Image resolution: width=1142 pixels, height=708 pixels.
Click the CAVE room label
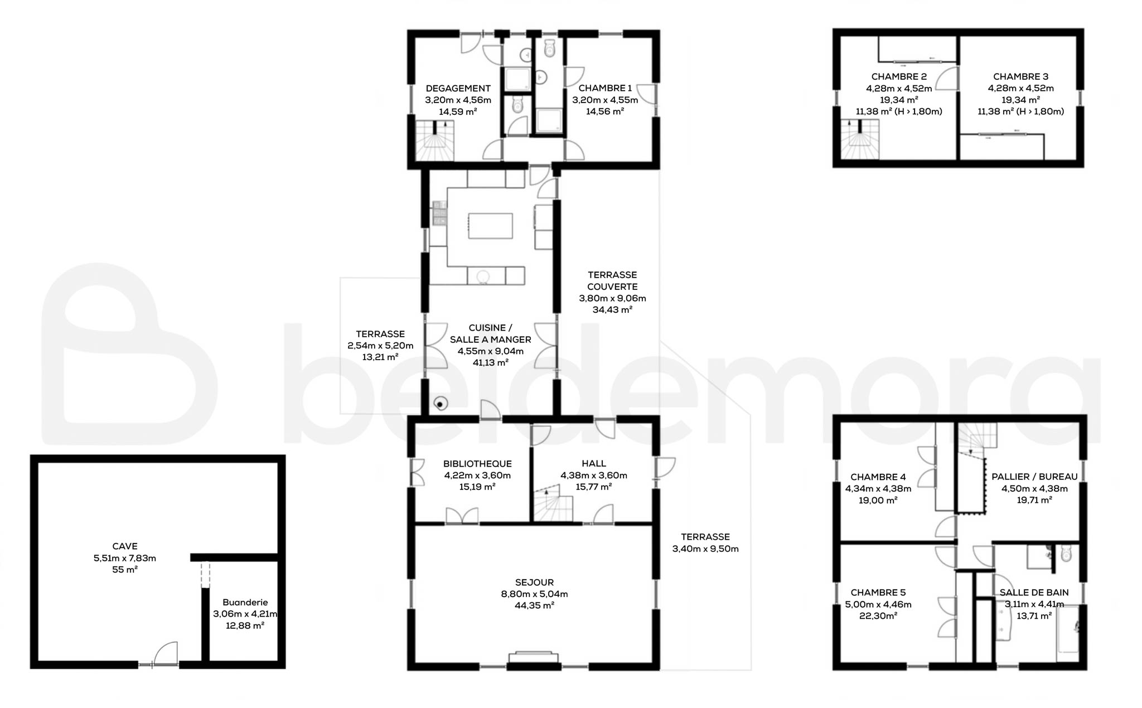point(125,546)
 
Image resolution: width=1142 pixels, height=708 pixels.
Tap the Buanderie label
point(245,602)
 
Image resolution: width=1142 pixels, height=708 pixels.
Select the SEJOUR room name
point(534,583)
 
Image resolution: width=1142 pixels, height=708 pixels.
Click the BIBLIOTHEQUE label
point(477,464)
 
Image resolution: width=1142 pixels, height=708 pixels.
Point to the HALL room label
point(594,463)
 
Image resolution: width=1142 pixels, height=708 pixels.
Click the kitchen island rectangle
point(490,226)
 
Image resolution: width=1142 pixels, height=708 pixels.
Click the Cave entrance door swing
point(166,653)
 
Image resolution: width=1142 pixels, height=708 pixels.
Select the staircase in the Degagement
point(435,140)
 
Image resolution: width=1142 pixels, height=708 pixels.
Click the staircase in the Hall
point(553,503)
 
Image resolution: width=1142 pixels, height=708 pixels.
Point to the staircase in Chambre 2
point(860,139)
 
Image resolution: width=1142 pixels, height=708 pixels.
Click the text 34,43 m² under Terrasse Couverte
point(612,310)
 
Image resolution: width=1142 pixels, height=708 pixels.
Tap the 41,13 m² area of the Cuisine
point(491,363)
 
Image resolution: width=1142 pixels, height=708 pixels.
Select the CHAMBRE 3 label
point(1021,77)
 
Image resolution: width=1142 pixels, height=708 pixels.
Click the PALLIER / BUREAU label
point(1034,477)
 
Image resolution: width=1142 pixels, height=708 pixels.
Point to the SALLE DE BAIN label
point(1034,593)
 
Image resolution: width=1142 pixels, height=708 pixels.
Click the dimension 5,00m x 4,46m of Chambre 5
point(878,604)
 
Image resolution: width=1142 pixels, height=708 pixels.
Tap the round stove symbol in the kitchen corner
point(441,404)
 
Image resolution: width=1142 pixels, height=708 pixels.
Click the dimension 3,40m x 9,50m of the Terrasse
point(705,549)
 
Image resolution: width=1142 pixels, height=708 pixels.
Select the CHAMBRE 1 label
point(605,88)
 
